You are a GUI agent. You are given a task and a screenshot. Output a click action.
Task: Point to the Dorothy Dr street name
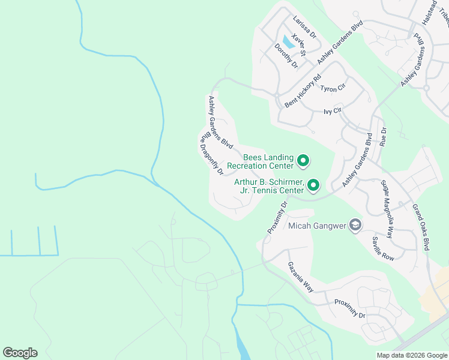pos(286,55)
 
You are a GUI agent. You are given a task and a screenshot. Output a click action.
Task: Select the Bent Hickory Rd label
pos(303,90)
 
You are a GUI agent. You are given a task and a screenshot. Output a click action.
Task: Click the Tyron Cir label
pos(333,88)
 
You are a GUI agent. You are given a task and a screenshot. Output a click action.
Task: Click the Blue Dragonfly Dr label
pos(211,154)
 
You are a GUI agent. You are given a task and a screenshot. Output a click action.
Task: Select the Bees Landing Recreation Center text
pos(268,161)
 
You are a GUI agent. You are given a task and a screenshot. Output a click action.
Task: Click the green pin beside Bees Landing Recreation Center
pos(303,160)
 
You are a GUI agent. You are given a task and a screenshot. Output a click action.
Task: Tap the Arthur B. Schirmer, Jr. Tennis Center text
pos(269,186)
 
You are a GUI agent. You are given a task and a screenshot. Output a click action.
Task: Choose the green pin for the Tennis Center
pos(313,185)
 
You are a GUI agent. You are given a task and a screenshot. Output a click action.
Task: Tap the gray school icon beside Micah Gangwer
pos(355,225)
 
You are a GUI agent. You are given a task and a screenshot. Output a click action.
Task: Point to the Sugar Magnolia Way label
pos(387,210)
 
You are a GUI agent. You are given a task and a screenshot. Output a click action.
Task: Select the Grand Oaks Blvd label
pos(421,227)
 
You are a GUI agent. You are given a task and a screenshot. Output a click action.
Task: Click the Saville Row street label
pos(382,248)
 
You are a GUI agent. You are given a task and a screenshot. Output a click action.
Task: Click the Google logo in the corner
pos(20,353)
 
